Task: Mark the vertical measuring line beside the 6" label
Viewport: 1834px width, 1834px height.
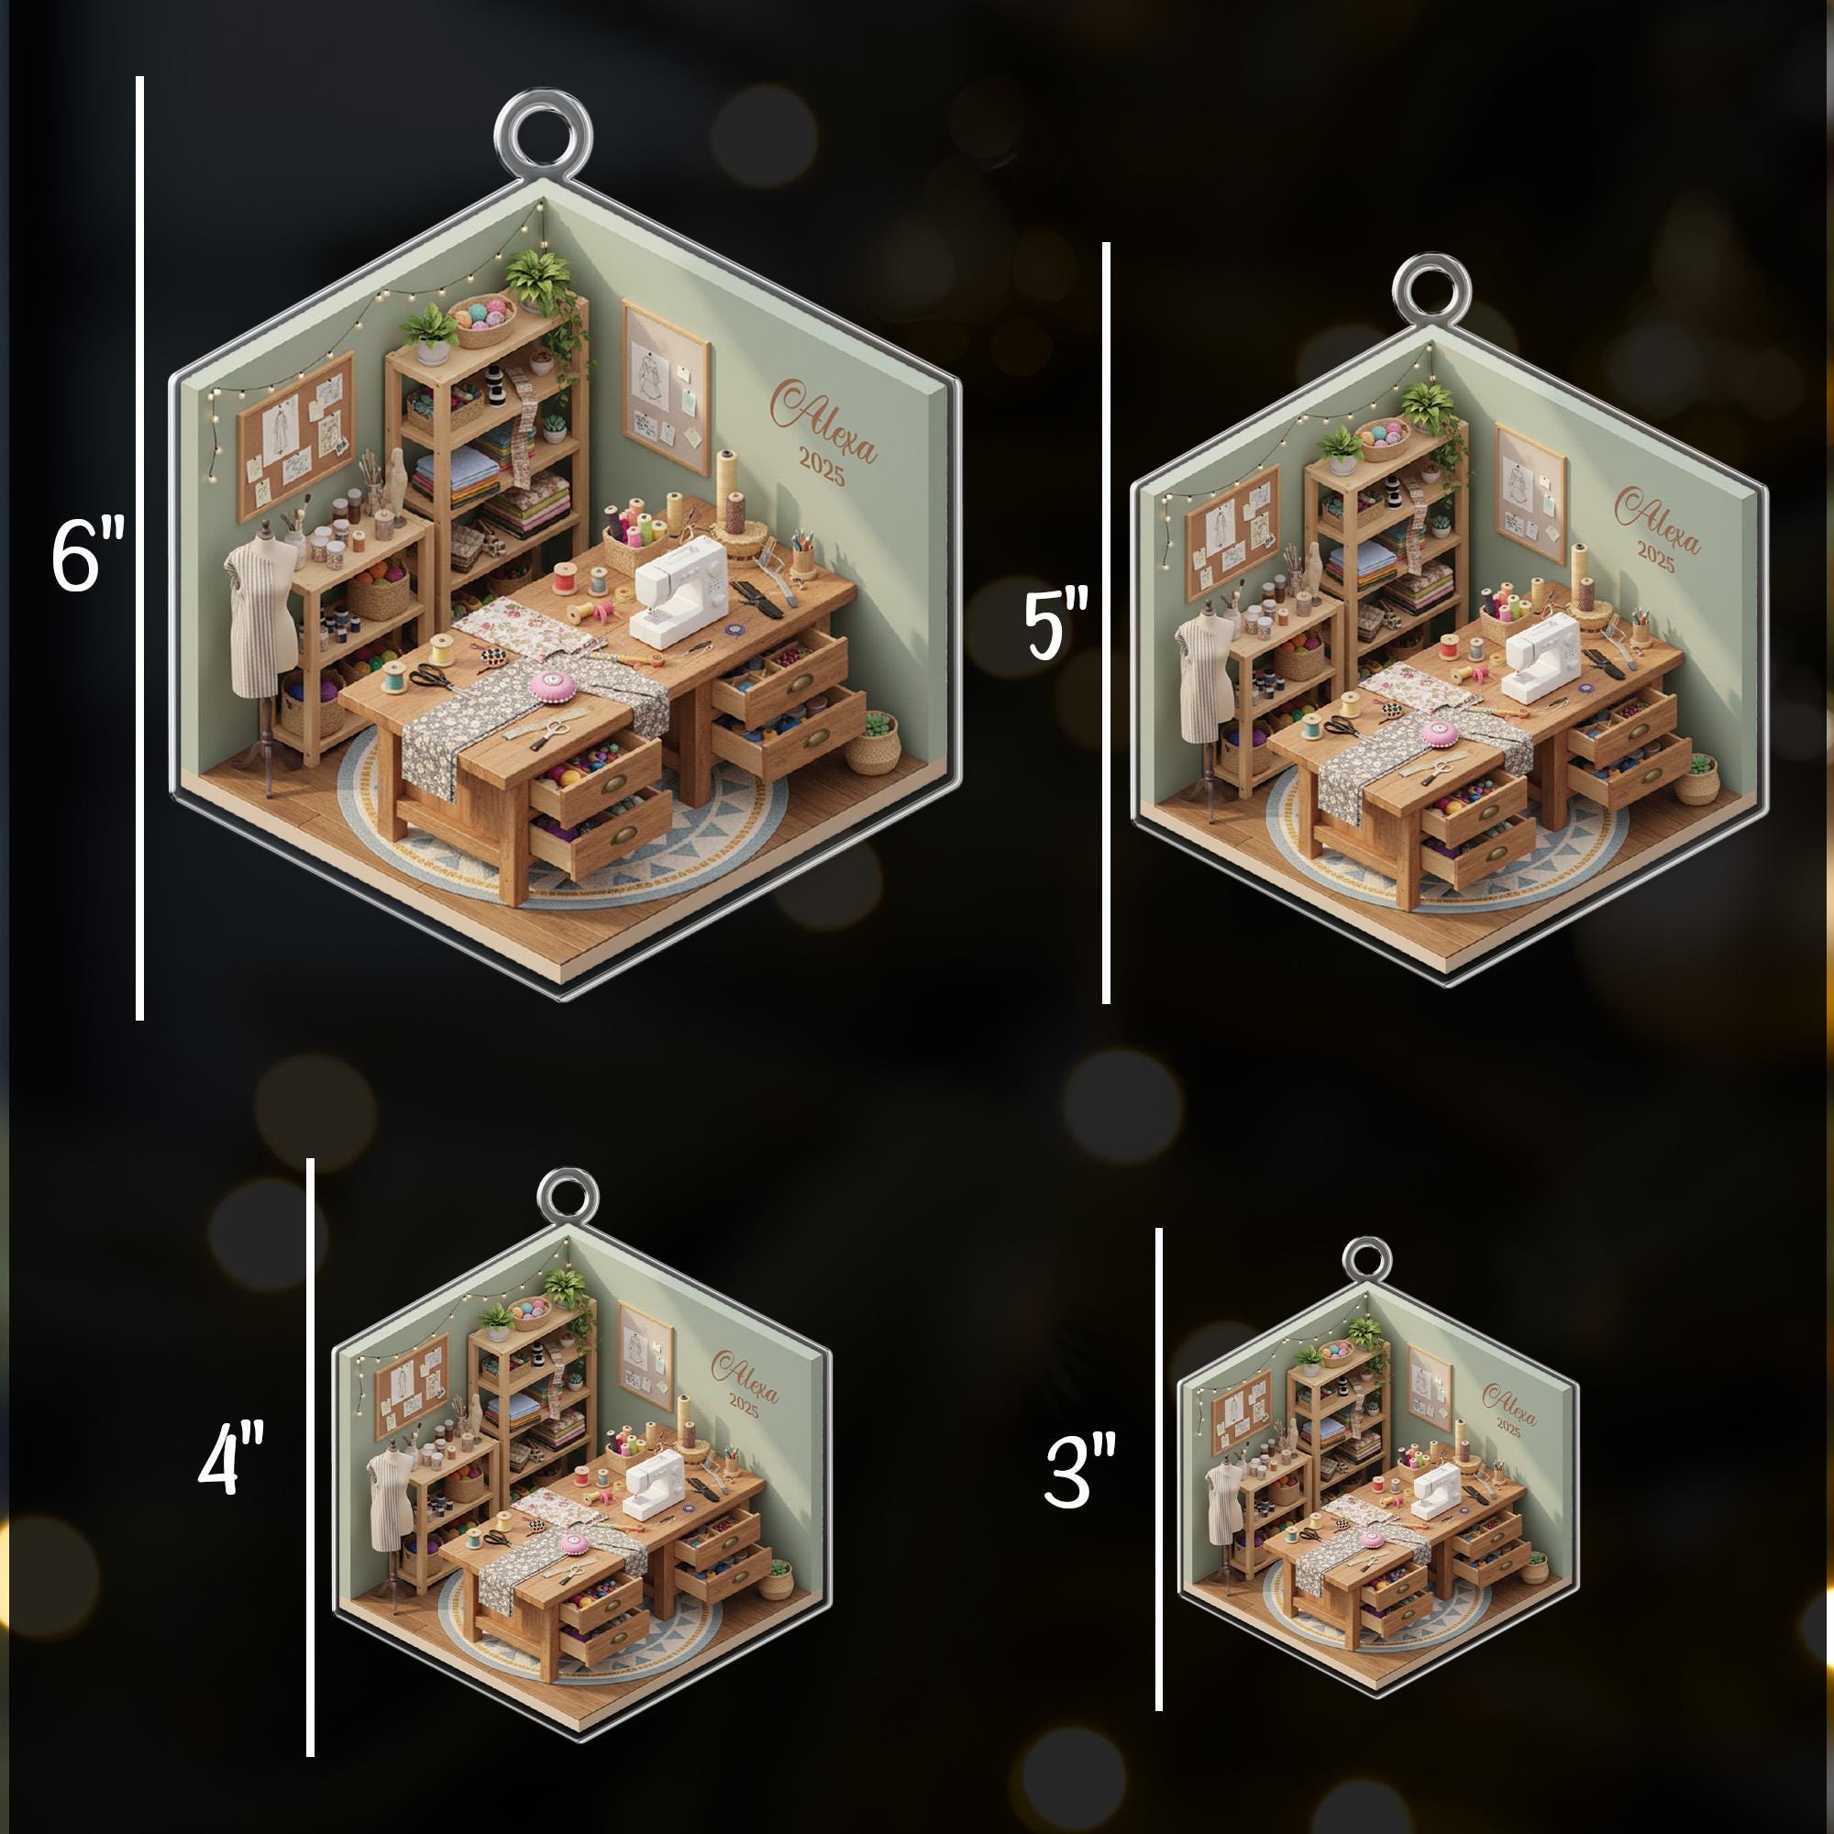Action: (x=139, y=548)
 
